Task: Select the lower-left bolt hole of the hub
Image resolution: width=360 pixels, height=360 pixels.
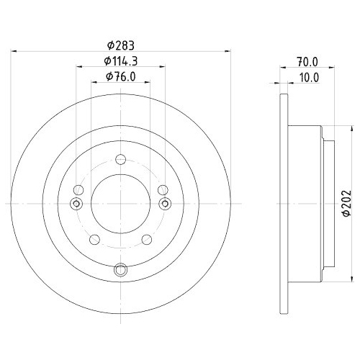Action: click(x=93, y=240)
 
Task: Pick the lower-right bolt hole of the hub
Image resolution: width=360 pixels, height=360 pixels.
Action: click(x=147, y=240)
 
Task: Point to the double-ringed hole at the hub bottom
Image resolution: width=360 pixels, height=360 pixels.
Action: click(x=120, y=271)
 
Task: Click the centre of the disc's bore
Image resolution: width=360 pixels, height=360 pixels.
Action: click(x=120, y=204)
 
